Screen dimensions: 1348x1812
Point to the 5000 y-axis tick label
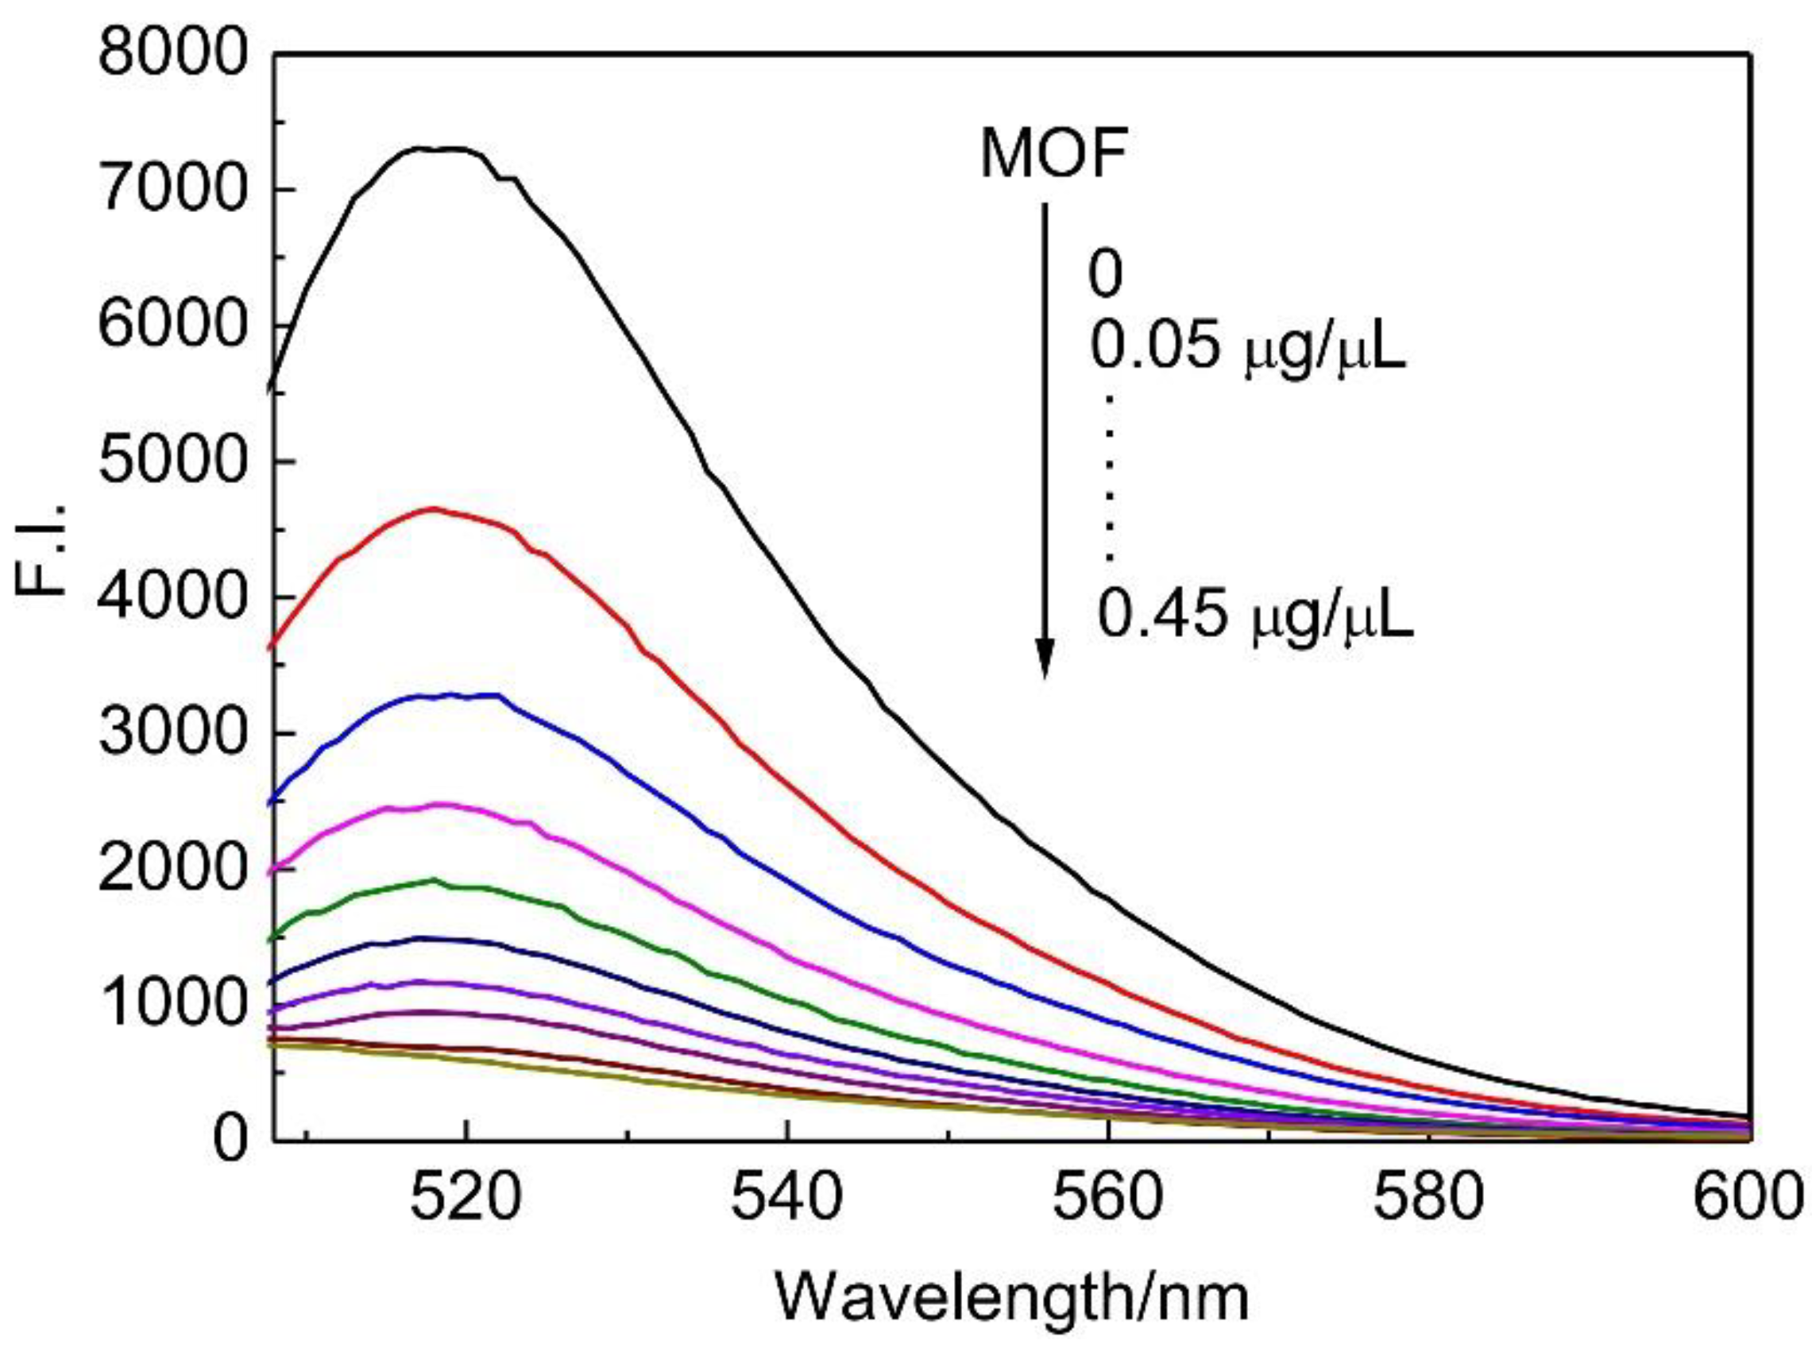(171, 462)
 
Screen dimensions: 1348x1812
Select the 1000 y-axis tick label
(171, 1005)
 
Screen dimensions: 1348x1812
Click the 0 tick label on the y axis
(231, 1139)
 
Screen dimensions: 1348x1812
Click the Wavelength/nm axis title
(1011, 1300)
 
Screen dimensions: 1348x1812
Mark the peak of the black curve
(441, 149)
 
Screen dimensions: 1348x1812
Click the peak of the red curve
(432, 508)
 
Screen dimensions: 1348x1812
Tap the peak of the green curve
(433, 879)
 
